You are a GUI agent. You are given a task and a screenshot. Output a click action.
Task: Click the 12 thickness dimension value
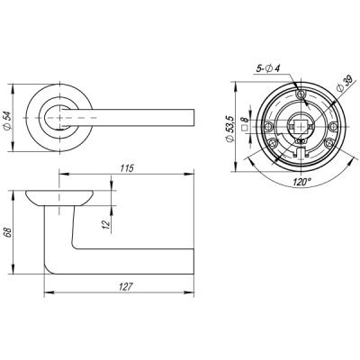coord(105,222)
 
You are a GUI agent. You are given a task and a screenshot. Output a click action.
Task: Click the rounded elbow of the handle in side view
coord(54,265)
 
